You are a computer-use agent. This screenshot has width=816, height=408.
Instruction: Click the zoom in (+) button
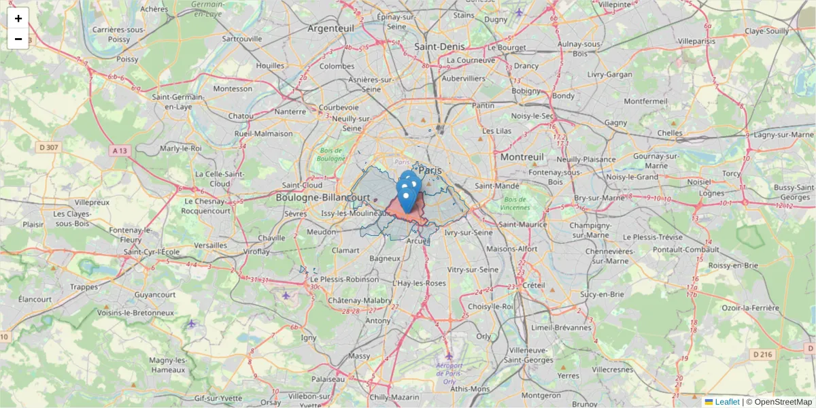(18, 18)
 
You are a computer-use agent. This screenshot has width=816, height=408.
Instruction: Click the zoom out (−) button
(18, 39)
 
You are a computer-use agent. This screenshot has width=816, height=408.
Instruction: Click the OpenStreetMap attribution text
(783, 402)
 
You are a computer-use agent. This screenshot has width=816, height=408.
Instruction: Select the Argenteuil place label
(331, 29)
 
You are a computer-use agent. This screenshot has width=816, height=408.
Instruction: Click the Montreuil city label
(522, 156)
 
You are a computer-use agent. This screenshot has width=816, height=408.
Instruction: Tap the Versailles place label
(211, 245)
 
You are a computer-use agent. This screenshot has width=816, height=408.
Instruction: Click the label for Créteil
(534, 284)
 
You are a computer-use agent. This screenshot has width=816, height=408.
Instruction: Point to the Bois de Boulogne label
(333, 154)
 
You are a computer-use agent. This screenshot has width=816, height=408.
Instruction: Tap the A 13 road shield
(120, 150)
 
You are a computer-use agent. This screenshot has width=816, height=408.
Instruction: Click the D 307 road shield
(50, 147)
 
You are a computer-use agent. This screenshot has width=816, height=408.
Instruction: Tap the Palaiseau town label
(329, 379)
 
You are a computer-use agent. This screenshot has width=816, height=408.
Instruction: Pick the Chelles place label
(670, 133)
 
